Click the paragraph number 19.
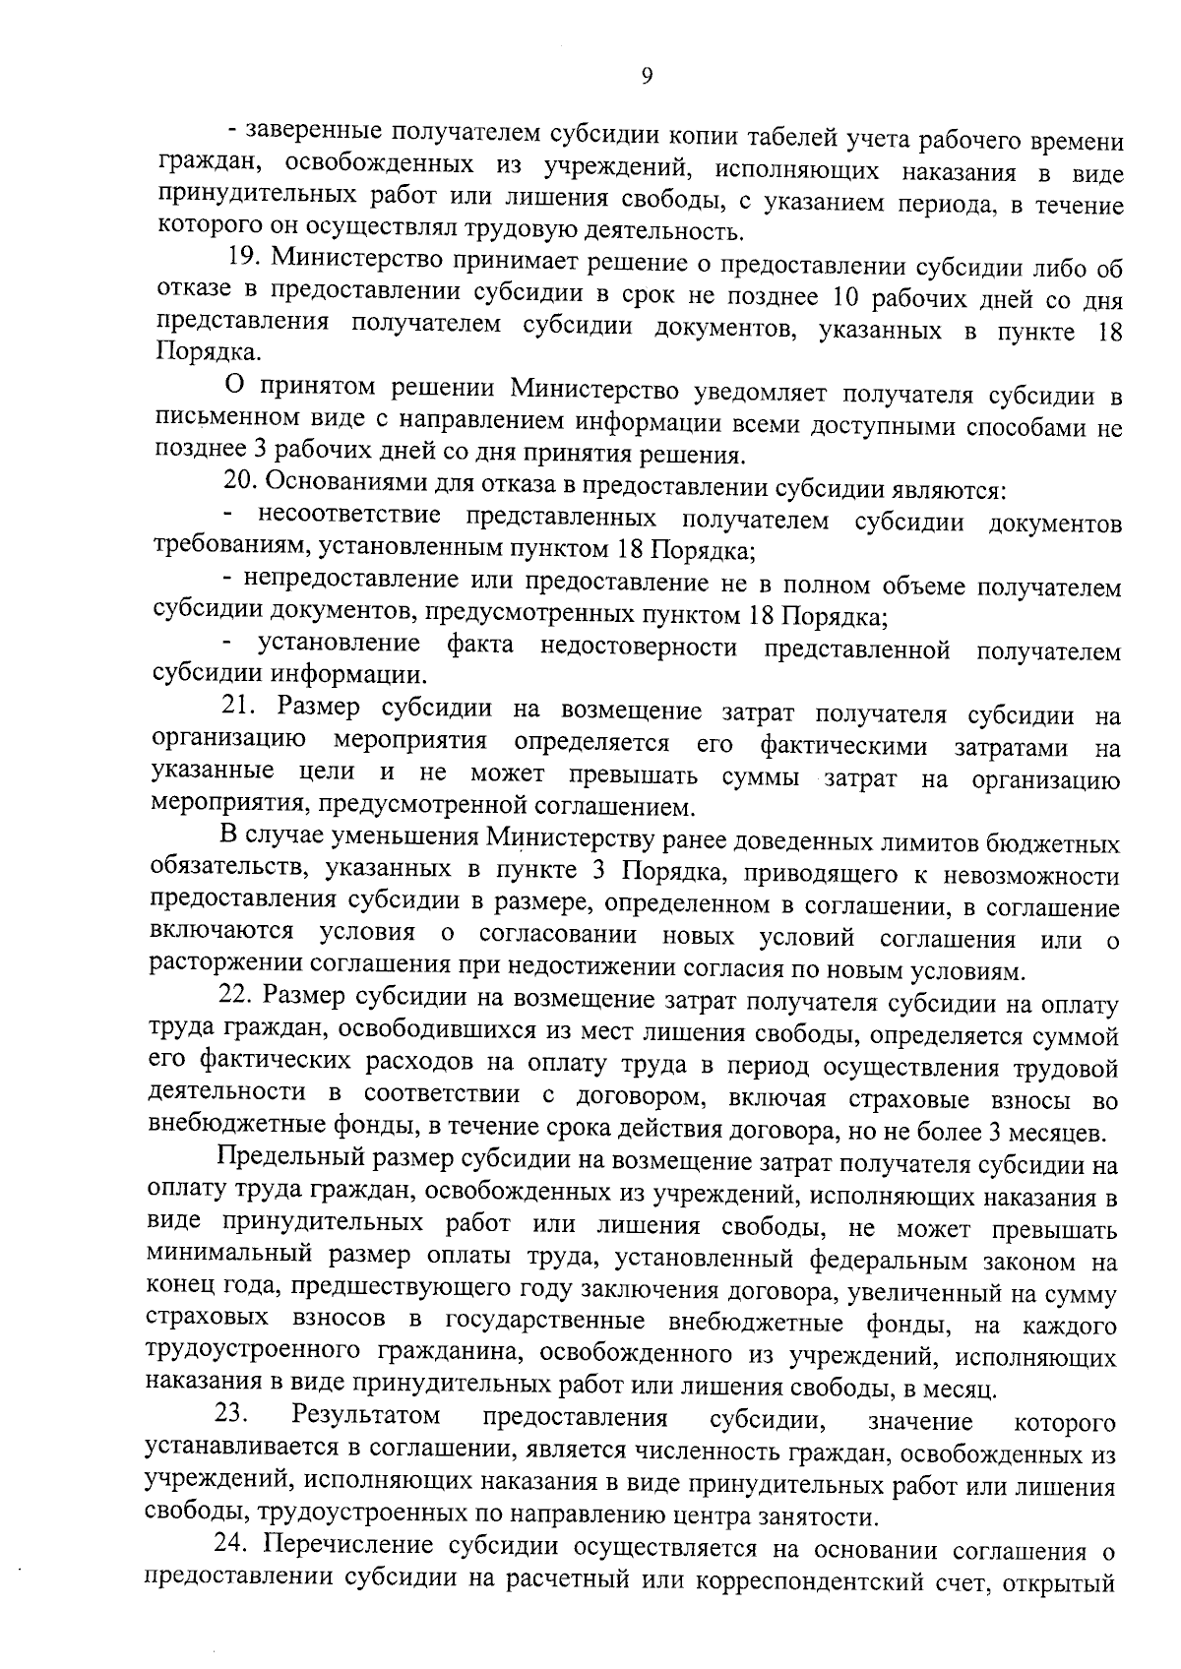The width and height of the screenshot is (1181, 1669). coord(242,259)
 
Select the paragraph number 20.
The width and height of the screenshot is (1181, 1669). coord(239,484)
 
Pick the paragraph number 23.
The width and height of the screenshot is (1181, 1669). coord(232,1417)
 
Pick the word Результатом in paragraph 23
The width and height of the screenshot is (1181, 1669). coord(365,1417)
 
